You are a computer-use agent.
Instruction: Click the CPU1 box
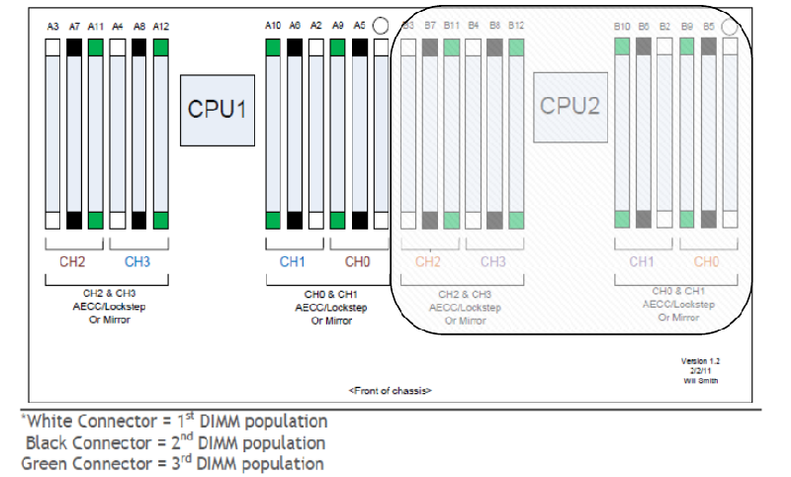point(218,108)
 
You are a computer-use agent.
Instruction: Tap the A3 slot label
point(53,27)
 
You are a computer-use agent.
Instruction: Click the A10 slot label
point(274,27)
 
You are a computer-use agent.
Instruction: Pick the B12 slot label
point(516,27)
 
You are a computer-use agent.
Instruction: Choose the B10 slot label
point(622,27)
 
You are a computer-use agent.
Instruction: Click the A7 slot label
point(74,27)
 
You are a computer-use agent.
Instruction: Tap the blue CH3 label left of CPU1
point(136,262)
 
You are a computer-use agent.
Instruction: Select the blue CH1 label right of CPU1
point(293,262)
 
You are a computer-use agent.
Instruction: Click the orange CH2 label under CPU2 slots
point(427,262)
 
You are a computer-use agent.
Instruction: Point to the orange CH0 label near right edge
point(706,262)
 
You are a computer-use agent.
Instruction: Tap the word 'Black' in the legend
point(48,442)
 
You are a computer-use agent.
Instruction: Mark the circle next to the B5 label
point(730,28)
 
